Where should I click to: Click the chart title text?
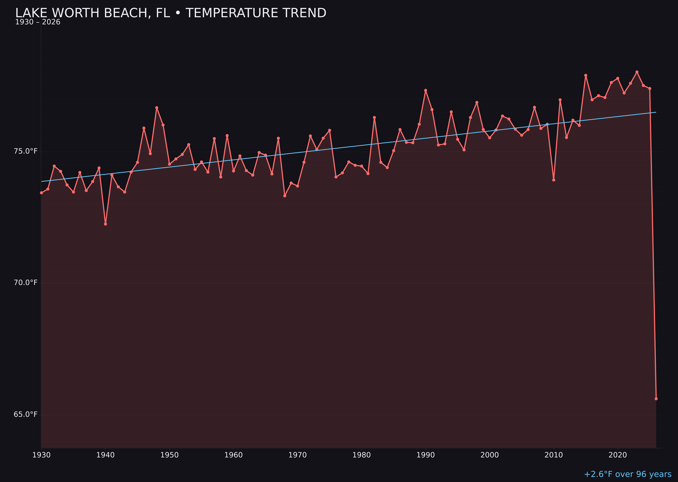pyautogui.click(x=171, y=13)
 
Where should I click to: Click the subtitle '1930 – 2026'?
pyautogui.click(x=38, y=22)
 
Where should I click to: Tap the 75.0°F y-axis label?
pyautogui.click(x=26, y=151)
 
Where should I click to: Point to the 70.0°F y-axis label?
pyautogui.click(x=26, y=283)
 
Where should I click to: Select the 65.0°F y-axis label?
pyautogui.click(x=26, y=414)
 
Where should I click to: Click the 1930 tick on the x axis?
pyautogui.click(x=41, y=455)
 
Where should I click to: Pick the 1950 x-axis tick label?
pyautogui.click(x=169, y=455)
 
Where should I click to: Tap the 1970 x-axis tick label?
pyautogui.click(x=297, y=455)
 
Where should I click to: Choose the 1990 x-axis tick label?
pyautogui.click(x=425, y=455)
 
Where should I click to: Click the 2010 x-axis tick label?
pyautogui.click(x=554, y=455)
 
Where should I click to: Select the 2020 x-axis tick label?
pyautogui.click(x=617, y=455)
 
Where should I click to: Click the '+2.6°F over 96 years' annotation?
pyautogui.click(x=627, y=474)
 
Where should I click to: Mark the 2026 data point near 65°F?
pyautogui.click(x=656, y=399)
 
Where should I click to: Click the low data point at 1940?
pyautogui.click(x=105, y=224)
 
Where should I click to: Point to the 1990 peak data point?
pyautogui.click(x=425, y=90)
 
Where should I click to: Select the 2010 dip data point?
pyautogui.click(x=554, y=180)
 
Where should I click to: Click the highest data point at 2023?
pyautogui.click(x=637, y=72)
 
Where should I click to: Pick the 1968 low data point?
pyautogui.click(x=285, y=196)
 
